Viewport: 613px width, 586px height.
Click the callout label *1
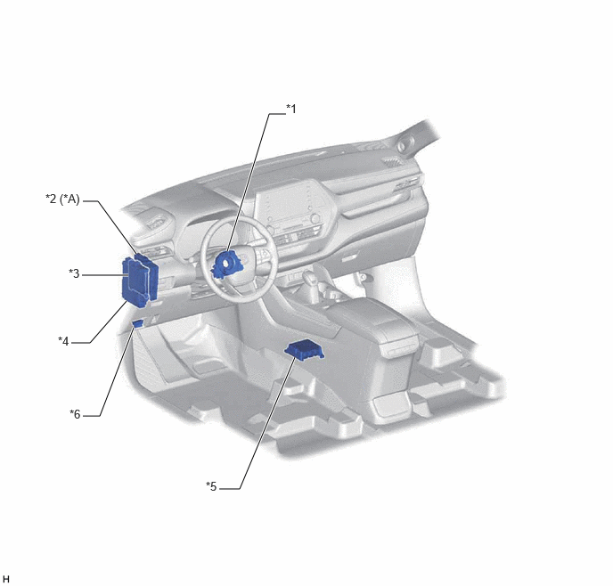(291, 109)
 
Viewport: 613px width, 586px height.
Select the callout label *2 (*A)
(62, 199)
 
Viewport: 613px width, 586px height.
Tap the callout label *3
(74, 273)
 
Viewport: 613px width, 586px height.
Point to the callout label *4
(63, 341)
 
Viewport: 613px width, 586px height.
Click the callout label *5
(211, 486)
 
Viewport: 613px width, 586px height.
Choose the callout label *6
(75, 414)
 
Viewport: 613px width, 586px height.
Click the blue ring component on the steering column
(227, 265)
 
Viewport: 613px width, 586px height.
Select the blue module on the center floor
(304, 349)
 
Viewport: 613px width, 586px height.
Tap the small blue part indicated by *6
(137, 323)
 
